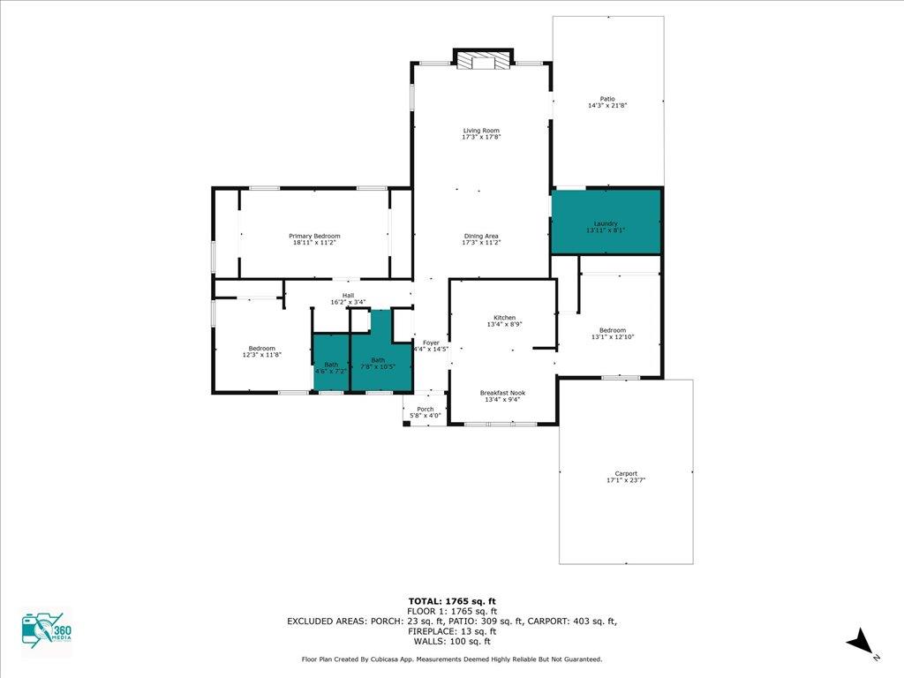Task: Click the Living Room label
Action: [481, 131]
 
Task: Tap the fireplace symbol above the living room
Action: [483, 59]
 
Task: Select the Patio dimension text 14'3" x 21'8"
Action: [607, 106]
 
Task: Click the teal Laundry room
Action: [606, 222]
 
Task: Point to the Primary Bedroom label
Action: [314, 236]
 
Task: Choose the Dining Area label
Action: [481, 237]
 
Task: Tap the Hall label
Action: [348, 296]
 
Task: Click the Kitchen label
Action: [504, 318]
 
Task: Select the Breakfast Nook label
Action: [502, 393]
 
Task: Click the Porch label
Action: [426, 410]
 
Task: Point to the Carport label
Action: [626, 474]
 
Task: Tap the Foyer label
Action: [431, 343]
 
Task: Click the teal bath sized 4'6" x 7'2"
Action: [332, 363]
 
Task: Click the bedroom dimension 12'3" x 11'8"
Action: [261, 355]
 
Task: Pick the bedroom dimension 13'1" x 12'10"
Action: [613, 337]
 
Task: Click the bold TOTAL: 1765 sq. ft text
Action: [452, 601]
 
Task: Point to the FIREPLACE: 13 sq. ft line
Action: [452, 631]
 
